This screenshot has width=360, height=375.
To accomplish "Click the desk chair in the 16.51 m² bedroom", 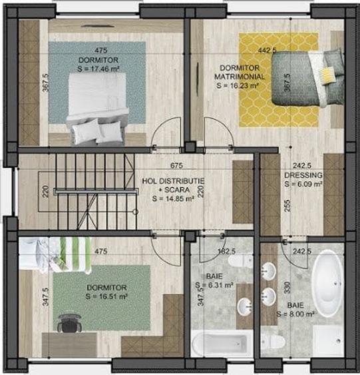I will point(67,323).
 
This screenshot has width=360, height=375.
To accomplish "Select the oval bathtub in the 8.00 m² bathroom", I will point(328,283).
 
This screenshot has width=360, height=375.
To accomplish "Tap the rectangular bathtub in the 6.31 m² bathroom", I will point(219,344).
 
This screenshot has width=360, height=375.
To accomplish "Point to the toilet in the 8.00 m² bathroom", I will point(273,342).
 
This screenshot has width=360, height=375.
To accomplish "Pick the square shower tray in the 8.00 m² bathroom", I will point(329,340).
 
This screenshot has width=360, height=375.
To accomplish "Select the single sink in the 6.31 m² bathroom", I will point(245,308).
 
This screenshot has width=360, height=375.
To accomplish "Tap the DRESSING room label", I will point(303,175).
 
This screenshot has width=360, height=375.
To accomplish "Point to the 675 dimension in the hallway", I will point(176,166).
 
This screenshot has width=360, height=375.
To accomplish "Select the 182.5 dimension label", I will point(227,252).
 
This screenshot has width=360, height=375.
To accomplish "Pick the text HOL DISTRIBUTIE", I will point(173,181).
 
